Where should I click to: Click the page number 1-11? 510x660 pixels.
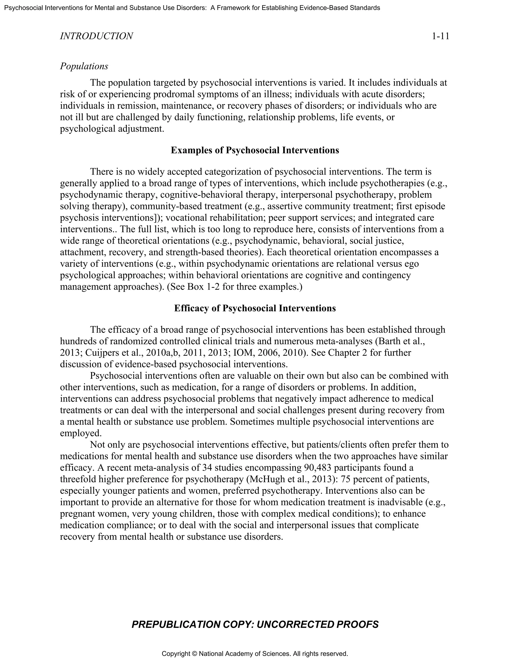tap(440, 36)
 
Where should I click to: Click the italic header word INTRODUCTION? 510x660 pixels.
tap(96, 36)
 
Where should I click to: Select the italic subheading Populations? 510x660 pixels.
tap(84, 66)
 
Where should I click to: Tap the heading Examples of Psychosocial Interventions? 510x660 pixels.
tap(255, 150)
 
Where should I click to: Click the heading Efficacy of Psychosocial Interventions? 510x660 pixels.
tap(255, 308)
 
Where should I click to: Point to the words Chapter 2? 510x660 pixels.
tap(347, 353)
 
